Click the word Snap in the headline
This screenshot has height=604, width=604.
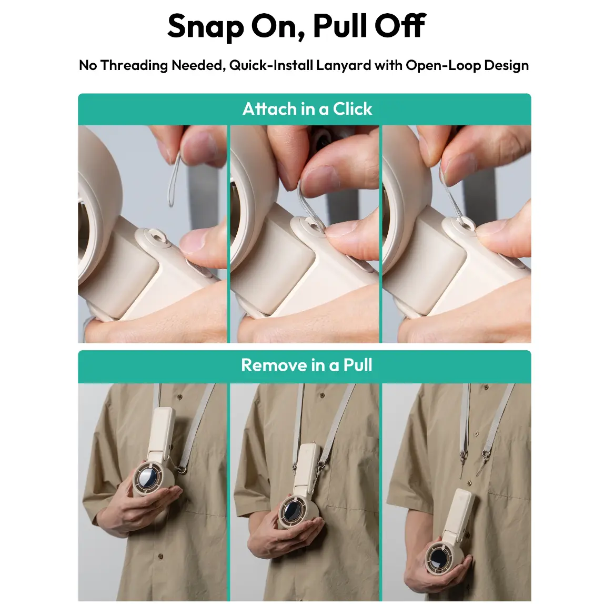point(206,26)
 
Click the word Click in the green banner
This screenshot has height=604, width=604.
point(353,108)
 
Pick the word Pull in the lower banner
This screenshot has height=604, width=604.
point(357,365)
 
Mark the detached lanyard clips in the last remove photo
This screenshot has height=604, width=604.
point(474,461)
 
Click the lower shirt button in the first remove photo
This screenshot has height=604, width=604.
point(160,556)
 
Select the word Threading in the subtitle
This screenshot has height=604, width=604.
point(134,65)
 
